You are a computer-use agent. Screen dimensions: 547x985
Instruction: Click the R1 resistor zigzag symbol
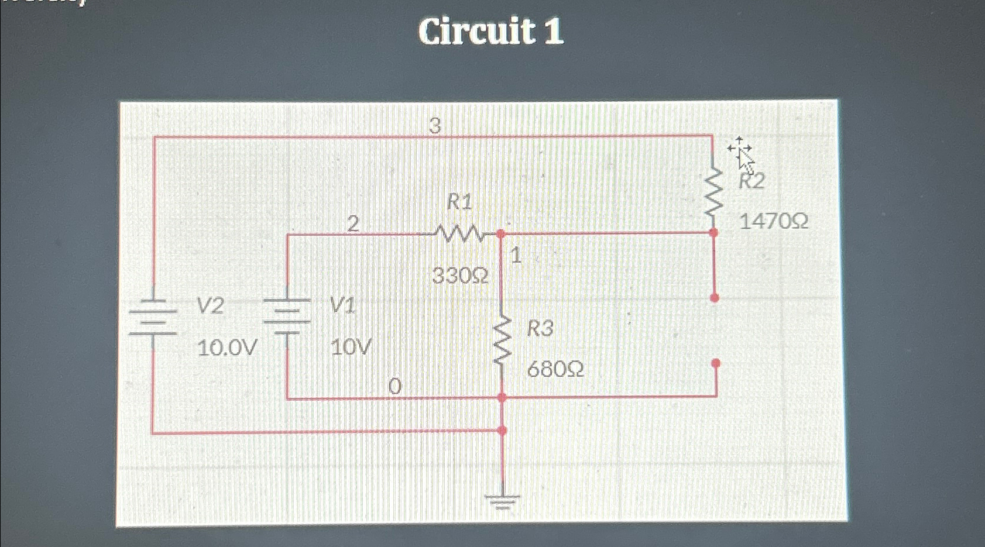click(x=460, y=235)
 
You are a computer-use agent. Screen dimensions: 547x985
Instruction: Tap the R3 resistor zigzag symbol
click(x=502, y=342)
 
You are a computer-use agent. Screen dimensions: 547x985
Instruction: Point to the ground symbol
click(x=502, y=501)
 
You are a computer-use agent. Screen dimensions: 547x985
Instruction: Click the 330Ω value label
click(x=460, y=275)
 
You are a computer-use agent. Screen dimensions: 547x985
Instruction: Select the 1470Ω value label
click(x=774, y=221)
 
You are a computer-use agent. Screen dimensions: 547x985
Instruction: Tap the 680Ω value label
click(x=555, y=369)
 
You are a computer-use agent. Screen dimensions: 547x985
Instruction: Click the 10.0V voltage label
click(x=227, y=348)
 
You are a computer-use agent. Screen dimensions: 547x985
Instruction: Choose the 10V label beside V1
click(x=351, y=348)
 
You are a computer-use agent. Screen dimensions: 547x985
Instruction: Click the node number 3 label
click(x=434, y=125)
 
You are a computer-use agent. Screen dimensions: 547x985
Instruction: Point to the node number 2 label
click(x=353, y=223)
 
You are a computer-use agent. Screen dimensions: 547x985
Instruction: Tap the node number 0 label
click(x=395, y=386)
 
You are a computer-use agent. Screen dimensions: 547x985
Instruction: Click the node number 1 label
click(x=516, y=255)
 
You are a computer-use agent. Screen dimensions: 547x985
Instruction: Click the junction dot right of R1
click(x=500, y=234)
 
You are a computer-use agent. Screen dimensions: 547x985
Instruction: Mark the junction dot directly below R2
click(x=713, y=233)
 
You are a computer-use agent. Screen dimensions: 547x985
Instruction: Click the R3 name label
click(x=540, y=329)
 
